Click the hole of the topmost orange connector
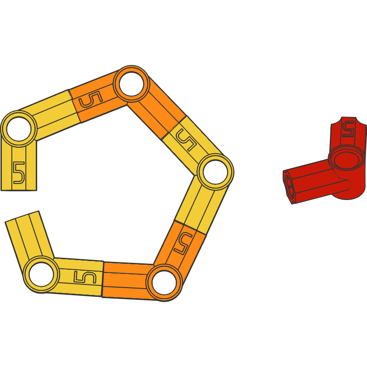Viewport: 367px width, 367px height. tap(131, 84)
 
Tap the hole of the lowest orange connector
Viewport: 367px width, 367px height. tap(164, 283)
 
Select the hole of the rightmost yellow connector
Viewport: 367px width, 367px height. tap(215, 172)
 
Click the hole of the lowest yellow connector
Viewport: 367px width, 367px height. tap(42, 274)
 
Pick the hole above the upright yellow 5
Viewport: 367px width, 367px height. tap(19, 129)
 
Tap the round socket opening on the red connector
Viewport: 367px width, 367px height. tap(347, 160)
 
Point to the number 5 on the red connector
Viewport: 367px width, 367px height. tap(348, 128)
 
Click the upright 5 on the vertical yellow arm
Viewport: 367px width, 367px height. tap(19, 172)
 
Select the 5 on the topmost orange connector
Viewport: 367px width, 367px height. tap(91, 100)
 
